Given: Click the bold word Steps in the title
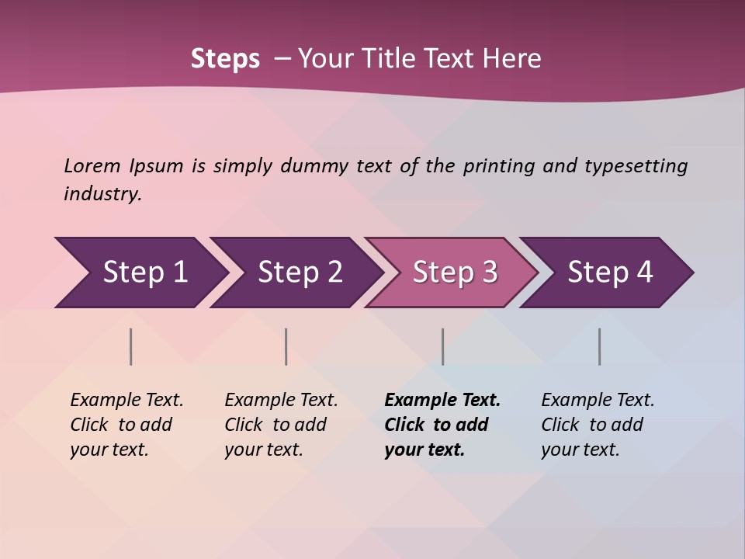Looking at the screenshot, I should (x=225, y=58).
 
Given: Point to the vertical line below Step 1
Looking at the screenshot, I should (x=131, y=346).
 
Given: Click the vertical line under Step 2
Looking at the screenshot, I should (x=286, y=346).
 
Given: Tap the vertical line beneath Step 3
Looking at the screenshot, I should (x=443, y=346).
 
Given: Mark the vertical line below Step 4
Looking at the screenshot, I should (x=600, y=346).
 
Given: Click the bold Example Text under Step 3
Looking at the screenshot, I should (x=442, y=400).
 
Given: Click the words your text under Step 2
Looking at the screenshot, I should (x=263, y=450).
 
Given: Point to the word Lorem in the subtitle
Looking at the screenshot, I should (x=92, y=165).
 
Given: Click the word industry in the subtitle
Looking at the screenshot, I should (x=102, y=194).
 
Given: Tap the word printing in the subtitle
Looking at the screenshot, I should (x=499, y=165).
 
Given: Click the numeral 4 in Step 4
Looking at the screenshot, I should (x=644, y=273).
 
